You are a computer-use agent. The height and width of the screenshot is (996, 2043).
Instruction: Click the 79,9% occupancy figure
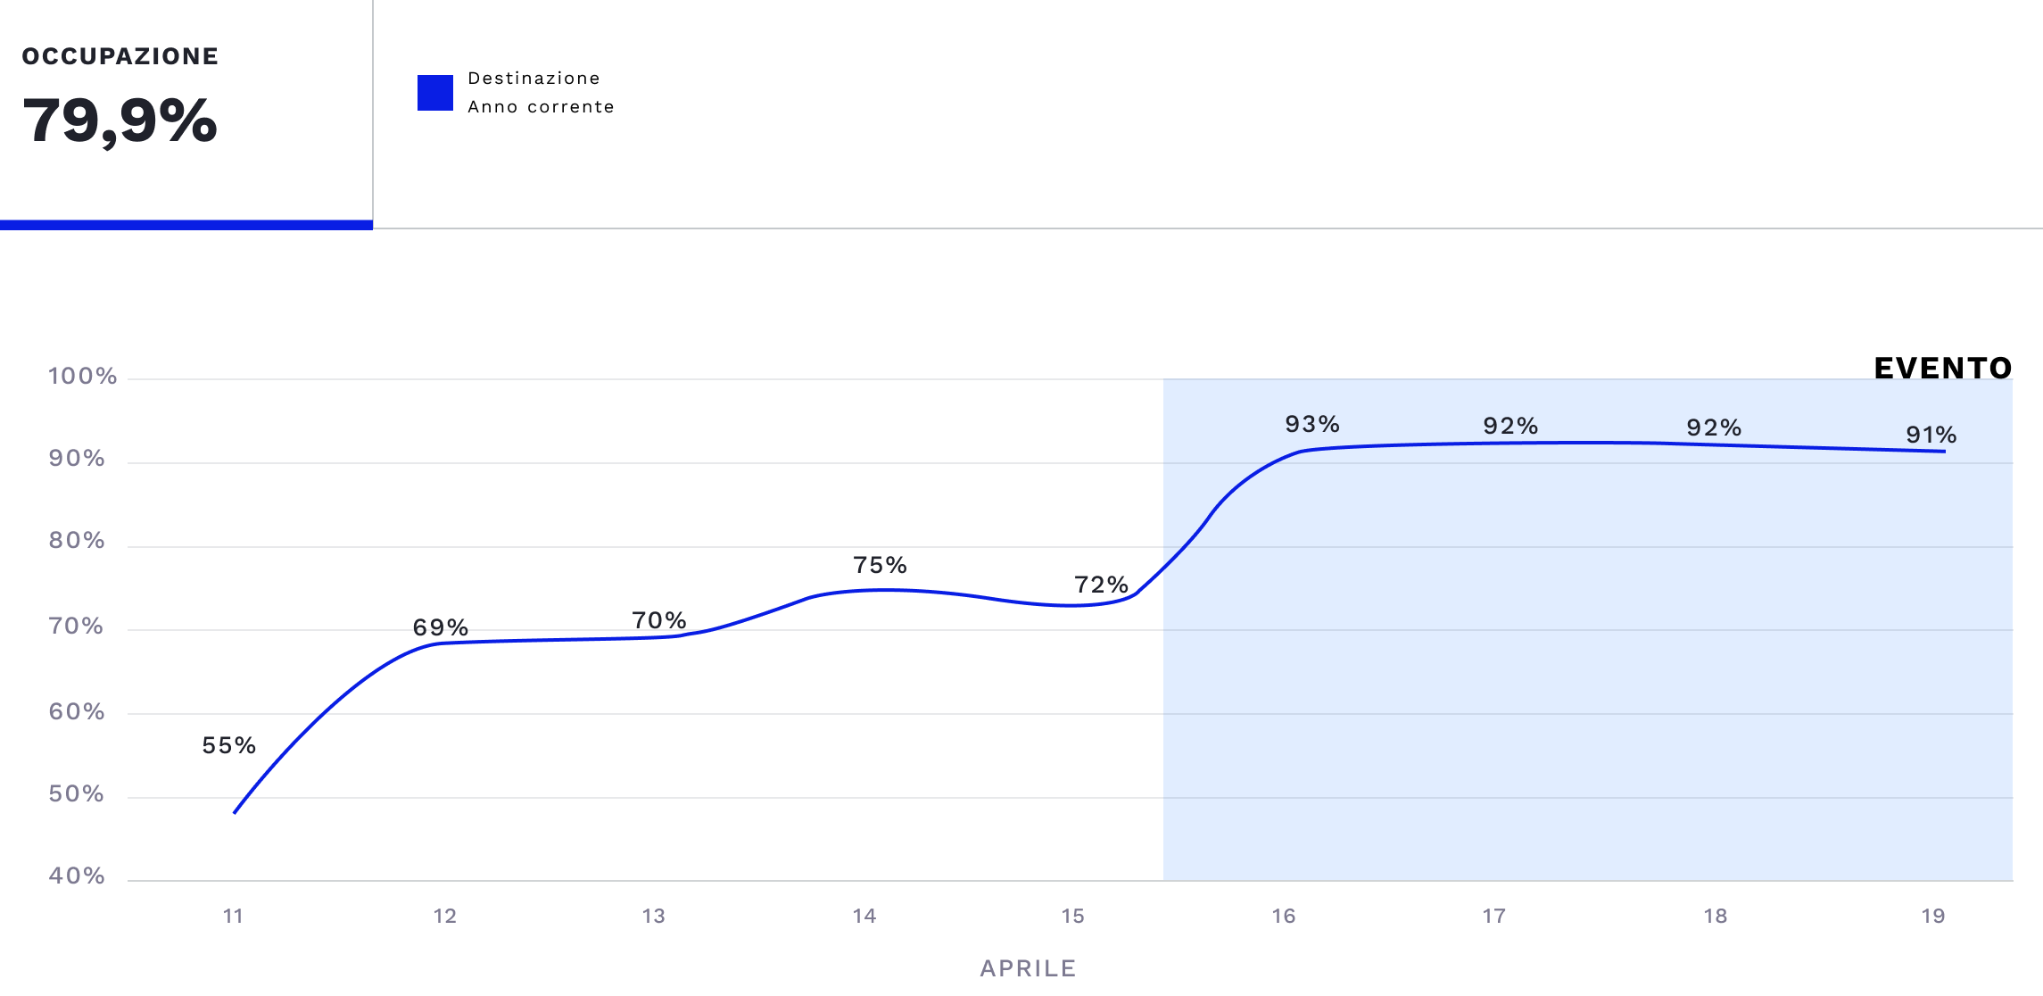coord(120,120)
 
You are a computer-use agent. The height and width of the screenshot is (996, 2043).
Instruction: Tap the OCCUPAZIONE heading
coord(120,56)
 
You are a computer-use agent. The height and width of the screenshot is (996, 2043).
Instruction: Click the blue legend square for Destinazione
coord(435,93)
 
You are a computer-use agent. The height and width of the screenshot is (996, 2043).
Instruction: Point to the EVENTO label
coord(1942,368)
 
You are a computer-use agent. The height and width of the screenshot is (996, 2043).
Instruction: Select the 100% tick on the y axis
coord(82,377)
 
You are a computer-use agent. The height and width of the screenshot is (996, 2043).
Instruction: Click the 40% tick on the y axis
coord(77,876)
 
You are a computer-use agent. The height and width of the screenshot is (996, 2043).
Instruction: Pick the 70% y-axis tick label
coord(77,627)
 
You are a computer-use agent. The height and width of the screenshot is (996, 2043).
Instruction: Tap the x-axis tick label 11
coord(233,916)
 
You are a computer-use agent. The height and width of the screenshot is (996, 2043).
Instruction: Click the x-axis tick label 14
coord(864,916)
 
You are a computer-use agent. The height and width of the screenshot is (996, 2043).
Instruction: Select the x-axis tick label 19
coord(1932,916)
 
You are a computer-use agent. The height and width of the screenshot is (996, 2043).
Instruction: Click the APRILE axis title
coord(1028,968)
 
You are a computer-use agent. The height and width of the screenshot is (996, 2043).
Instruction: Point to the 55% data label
coord(228,745)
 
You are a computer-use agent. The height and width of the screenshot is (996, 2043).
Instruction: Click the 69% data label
coord(440,627)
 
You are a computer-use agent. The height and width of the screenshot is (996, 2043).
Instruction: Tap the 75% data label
coord(880,565)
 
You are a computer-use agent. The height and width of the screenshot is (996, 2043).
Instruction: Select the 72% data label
coord(1101,585)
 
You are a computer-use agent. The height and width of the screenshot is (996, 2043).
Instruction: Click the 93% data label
coord(1311,424)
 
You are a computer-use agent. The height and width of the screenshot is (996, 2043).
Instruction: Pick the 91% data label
coord(1931,435)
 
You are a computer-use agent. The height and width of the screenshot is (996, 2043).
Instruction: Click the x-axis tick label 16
coord(1283,916)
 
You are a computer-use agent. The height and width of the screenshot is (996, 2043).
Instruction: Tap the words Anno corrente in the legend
coord(541,107)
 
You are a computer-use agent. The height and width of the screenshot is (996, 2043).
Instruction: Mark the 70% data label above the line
coord(658,620)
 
